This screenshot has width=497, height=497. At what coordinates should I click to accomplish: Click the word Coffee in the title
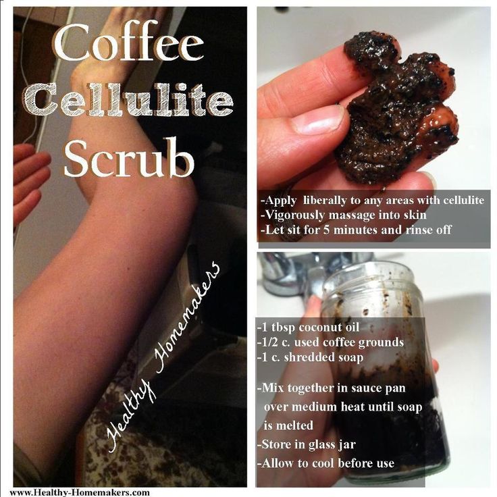129,41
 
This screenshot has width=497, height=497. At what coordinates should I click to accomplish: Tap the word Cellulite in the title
128,99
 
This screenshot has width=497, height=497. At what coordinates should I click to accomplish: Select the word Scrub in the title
129,157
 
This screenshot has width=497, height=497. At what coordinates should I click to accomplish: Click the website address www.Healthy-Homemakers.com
80,492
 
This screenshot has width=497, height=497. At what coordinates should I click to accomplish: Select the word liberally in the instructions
324,201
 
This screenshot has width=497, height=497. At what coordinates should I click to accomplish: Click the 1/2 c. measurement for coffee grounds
274,342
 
